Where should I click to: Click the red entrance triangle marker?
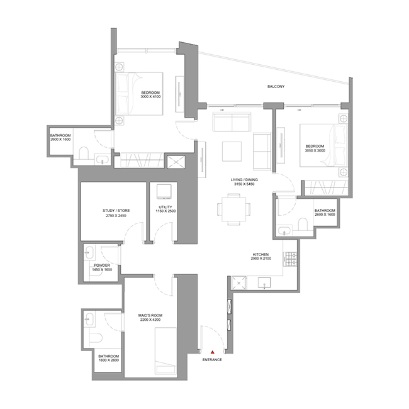213,352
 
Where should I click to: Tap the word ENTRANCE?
212,360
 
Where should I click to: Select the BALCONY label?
276,86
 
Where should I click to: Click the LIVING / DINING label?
244,180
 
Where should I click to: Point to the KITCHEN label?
261,254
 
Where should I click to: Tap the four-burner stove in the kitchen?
291,259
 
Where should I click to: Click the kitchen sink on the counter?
264,283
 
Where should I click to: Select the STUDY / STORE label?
116,211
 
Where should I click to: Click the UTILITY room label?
165,207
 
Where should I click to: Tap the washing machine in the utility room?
164,192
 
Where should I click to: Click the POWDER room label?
102,266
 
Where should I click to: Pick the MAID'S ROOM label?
150,315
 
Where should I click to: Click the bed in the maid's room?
166,352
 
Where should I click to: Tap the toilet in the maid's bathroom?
96,338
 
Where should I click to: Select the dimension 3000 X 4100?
150,96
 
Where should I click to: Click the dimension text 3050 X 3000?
315,150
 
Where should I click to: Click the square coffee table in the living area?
232,151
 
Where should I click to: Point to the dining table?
233,209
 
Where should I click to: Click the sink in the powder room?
89,252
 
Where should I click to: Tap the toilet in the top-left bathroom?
84,153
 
